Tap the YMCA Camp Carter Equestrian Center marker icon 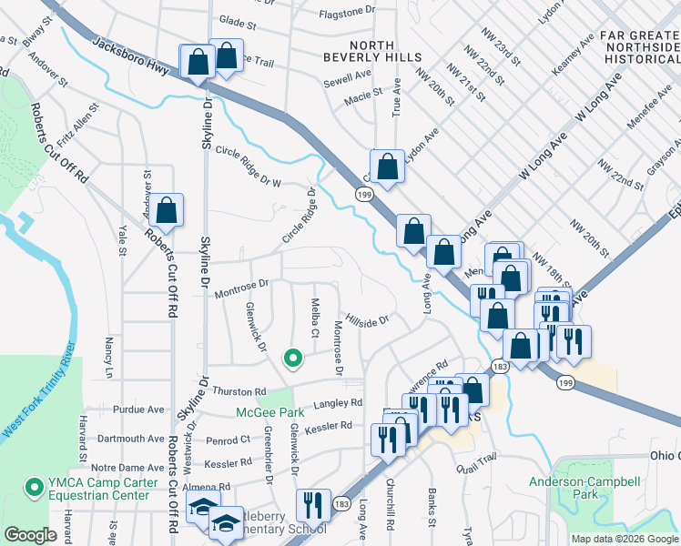pos(35,488)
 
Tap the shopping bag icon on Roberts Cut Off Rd pos(167,210)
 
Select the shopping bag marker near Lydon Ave pos(388,166)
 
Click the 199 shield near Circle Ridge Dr pos(363,196)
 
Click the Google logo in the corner pos(30,535)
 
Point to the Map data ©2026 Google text pos(624,539)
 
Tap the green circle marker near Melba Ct pos(292,359)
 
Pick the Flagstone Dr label pos(346,11)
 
